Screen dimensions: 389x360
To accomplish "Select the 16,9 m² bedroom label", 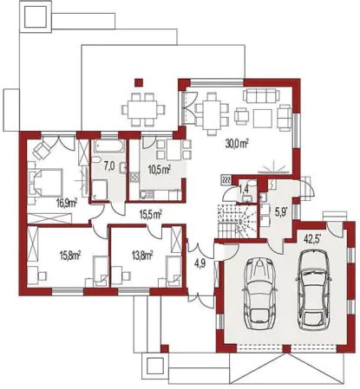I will point(66,203).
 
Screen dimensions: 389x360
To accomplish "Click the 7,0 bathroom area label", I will point(109,163).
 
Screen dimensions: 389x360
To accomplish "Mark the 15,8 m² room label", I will point(69,256).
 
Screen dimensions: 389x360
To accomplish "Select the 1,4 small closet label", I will point(244,188).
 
